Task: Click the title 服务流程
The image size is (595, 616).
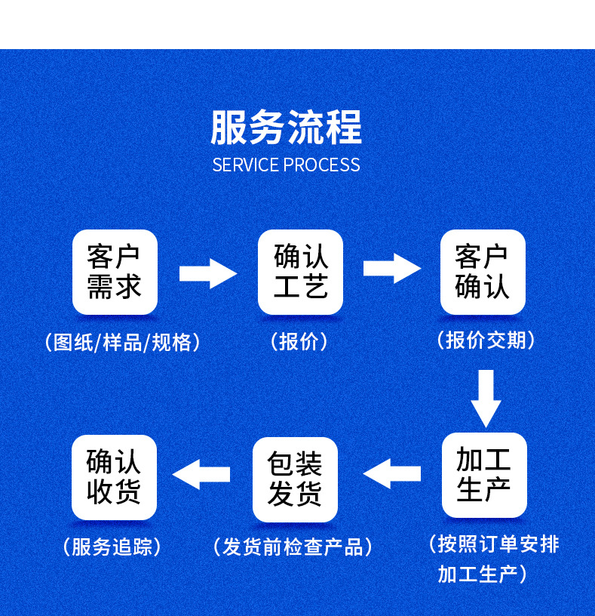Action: pos(286,127)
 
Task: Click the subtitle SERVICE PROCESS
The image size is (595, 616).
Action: pos(286,165)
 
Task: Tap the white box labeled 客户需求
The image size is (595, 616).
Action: pos(115,272)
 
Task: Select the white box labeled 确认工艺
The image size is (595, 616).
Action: pos(300,272)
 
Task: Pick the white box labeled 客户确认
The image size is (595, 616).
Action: pos(483,272)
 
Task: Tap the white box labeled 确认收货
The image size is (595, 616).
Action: pos(114,477)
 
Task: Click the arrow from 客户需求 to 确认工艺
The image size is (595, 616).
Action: pos(207,273)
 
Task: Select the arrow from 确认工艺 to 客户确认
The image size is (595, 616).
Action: pos(391,268)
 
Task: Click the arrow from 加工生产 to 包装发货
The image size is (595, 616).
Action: pos(392,473)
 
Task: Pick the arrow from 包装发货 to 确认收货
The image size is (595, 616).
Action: pos(201,474)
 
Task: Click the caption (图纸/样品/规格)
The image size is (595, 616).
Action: pos(123,342)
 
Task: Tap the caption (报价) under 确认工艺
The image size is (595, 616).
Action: pos(299,341)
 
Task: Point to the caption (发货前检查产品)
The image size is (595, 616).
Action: pos(293,547)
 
